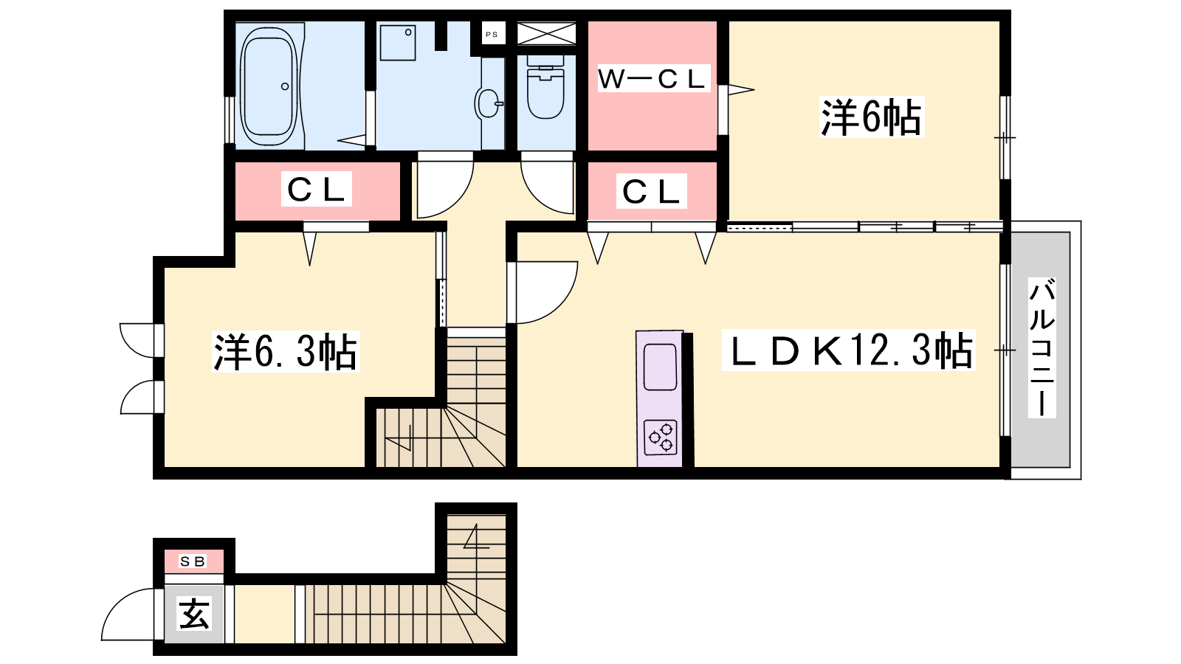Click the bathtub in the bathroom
click(269, 86)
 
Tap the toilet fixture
click(545, 86)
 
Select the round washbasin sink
click(488, 103)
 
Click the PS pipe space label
click(492, 35)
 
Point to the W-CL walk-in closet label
click(653, 79)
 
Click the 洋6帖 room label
click(872, 117)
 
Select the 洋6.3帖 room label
click(285, 351)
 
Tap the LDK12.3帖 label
click(848, 350)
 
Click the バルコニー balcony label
click(1041, 348)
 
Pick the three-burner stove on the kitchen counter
click(661, 438)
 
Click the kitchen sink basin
click(660, 367)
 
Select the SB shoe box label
click(193, 561)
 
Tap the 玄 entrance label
click(195, 614)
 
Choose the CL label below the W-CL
click(652, 191)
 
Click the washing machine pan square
click(398, 42)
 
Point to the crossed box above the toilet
click(546, 33)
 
